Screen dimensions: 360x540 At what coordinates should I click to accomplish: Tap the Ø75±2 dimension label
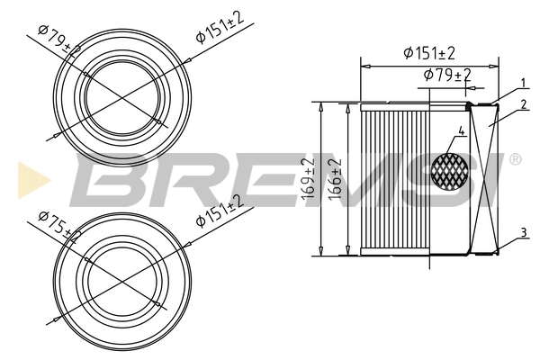(x=58, y=224)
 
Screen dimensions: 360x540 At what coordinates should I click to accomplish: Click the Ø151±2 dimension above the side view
(x=429, y=53)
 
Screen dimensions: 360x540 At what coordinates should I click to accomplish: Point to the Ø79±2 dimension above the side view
(x=447, y=75)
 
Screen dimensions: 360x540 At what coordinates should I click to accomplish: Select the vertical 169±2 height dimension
(x=310, y=178)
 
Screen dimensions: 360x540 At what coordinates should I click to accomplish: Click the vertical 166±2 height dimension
(x=335, y=178)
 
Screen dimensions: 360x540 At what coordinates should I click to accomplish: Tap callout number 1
(x=523, y=84)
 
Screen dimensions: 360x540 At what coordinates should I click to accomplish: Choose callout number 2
(x=523, y=104)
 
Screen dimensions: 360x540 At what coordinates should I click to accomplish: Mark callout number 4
(x=461, y=131)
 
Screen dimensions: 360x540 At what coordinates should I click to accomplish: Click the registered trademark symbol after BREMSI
(x=515, y=159)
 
